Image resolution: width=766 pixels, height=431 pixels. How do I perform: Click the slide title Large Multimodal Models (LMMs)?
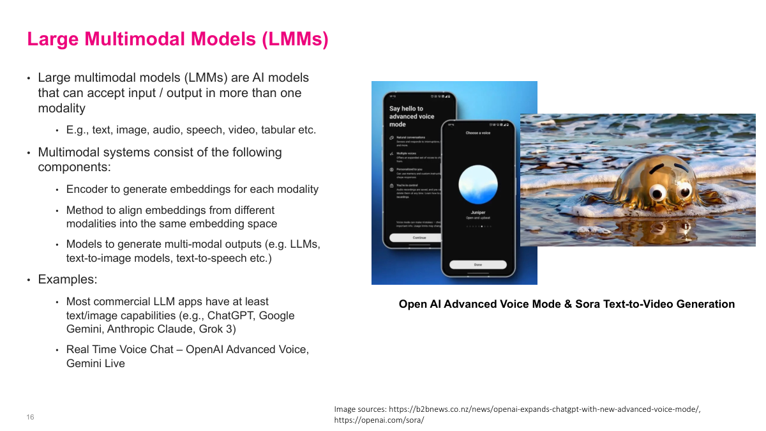pos(177,40)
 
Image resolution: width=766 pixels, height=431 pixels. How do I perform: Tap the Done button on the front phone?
pos(478,264)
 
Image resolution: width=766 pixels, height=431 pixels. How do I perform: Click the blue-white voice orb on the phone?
pos(478,183)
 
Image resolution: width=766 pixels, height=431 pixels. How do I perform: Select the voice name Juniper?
pos(478,212)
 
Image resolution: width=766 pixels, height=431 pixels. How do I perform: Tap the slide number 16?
pos(30,418)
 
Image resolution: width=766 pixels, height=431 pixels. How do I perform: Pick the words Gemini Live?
pos(96,363)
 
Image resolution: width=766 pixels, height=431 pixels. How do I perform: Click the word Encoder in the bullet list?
pos(87,189)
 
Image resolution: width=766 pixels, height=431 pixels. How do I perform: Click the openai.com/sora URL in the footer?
pos(379,420)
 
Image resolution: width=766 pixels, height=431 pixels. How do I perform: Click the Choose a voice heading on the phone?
pos(478,133)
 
